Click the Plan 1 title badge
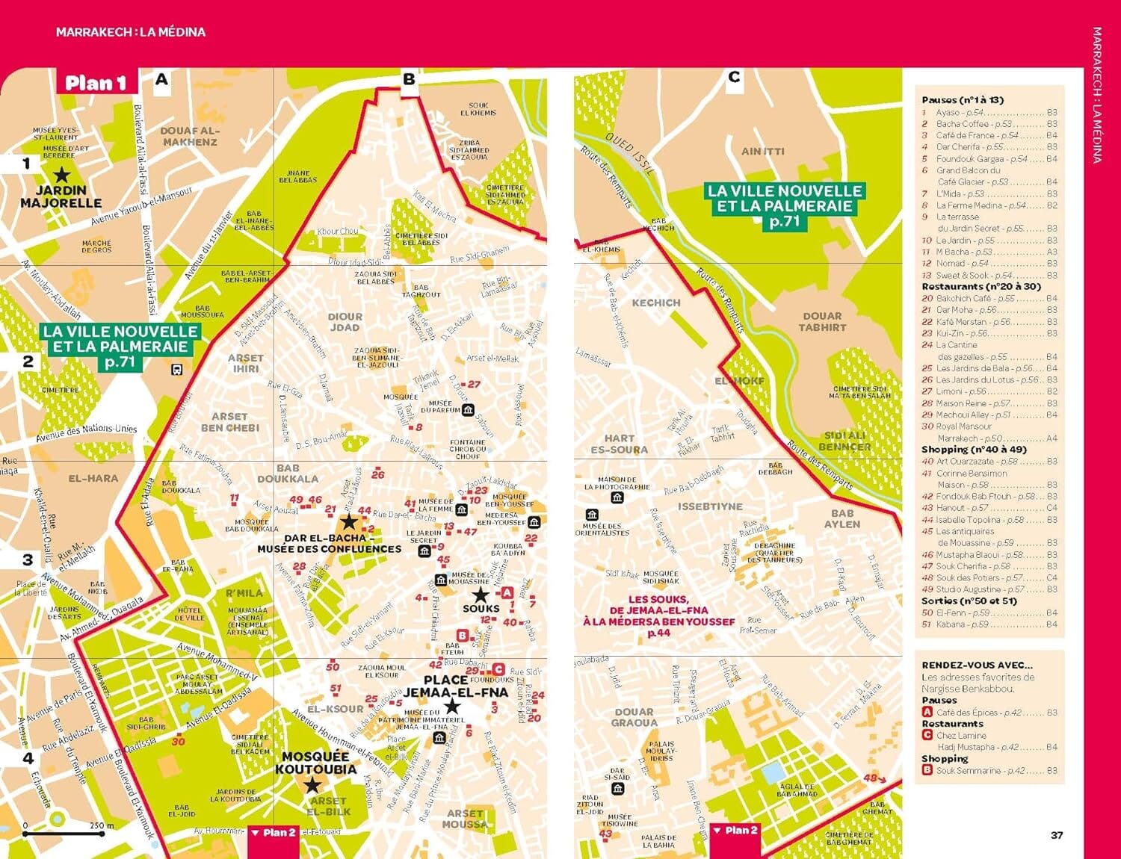point(96,82)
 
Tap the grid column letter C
point(734,78)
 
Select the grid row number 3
point(28,559)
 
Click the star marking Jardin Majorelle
point(61,176)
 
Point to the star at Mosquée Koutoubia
point(312,785)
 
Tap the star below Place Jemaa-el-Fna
point(451,707)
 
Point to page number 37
point(1056,835)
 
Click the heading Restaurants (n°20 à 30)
point(981,286)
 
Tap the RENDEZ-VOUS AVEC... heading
point(977,665)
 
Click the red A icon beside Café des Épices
point(927,712)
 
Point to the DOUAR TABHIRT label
point(822,322)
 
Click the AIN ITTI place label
point(762,151)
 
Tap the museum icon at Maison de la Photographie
point(617,497)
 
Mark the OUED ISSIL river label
point(629,154)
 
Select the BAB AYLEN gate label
point(842,518)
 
